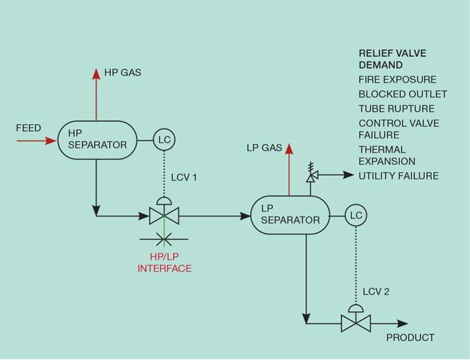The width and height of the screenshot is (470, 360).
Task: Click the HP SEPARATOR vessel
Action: coord(97,139)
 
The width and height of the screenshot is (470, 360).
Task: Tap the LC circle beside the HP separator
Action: coord(164,139)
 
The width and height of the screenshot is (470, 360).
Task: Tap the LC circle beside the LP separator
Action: coord(356,215)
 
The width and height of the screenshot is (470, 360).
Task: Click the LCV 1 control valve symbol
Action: coord(159,214)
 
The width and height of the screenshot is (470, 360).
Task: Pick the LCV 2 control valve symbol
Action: coord(356,322)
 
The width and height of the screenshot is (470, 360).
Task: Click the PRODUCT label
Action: coord(410,337)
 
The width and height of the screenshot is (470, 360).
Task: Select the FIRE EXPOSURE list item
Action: coord(398,80)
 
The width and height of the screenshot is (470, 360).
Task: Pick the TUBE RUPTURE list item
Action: coord(396,108)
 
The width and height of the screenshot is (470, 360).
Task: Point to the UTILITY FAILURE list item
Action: coord(398,176)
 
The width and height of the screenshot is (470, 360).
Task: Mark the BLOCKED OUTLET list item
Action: coord(402,94)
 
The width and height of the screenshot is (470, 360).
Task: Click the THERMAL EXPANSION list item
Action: coord(386,155)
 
